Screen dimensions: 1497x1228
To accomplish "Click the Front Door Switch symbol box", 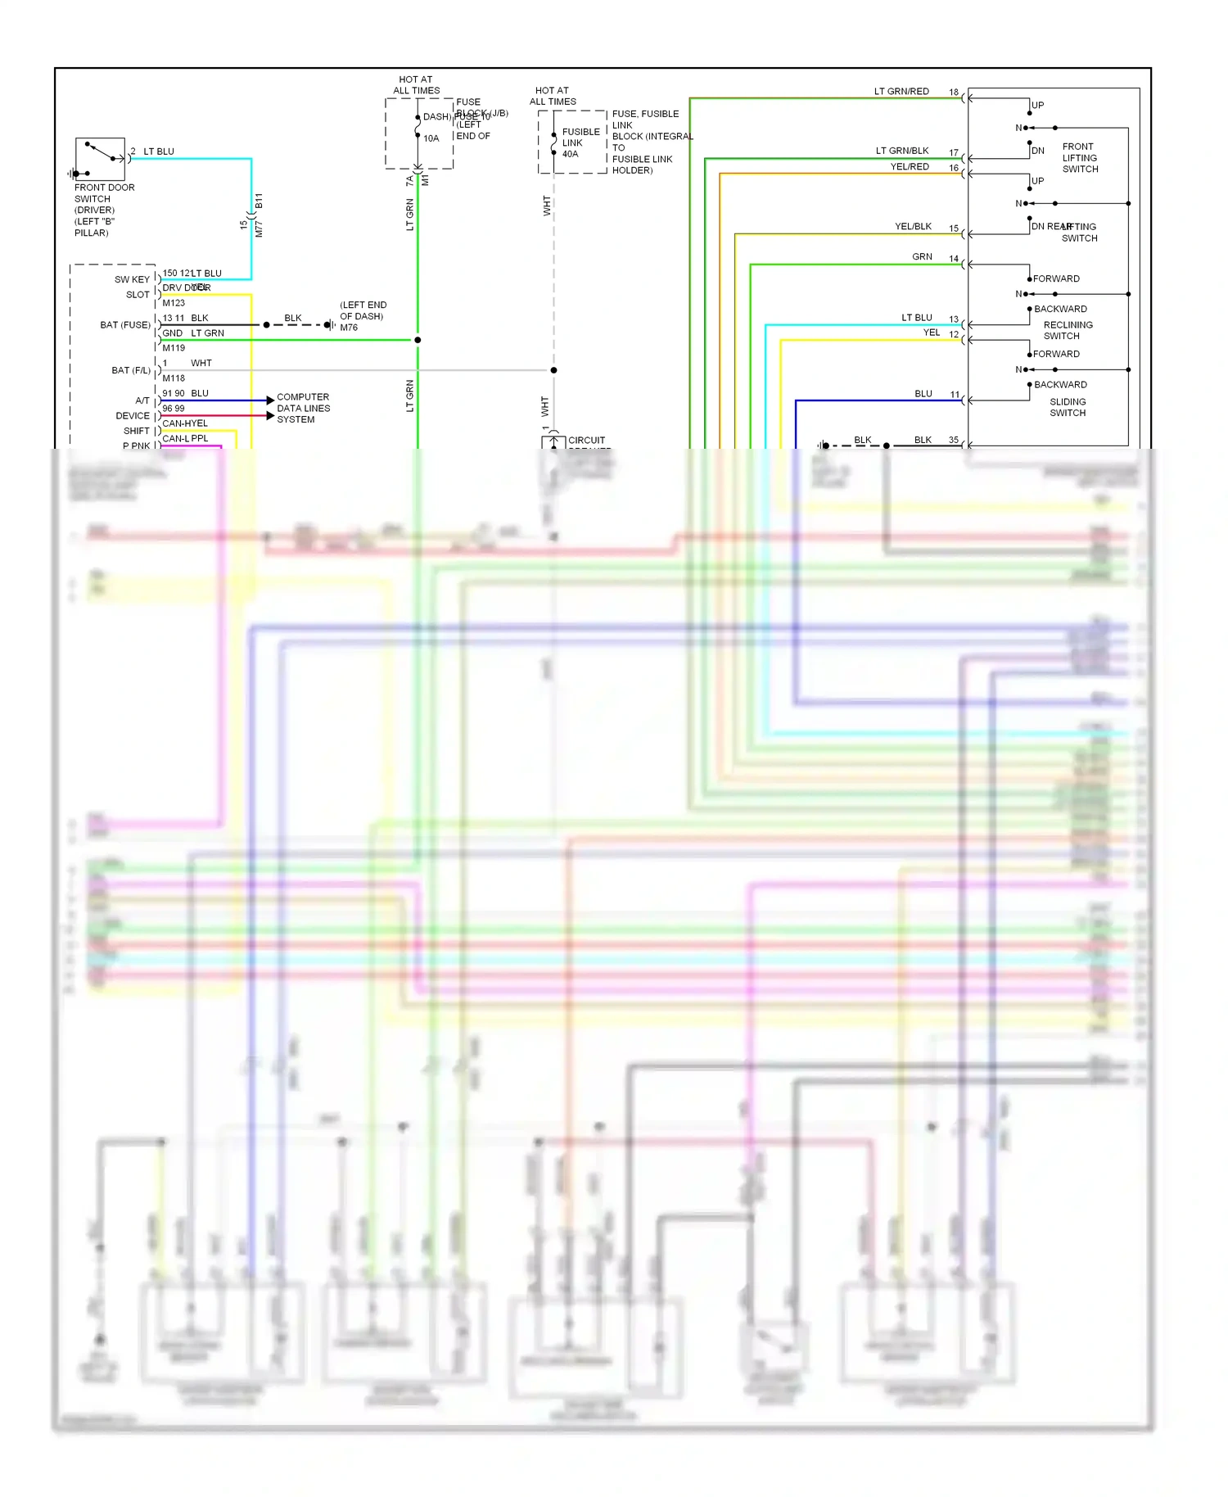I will point(100,159).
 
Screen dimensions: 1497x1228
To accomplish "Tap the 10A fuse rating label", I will point(431,138).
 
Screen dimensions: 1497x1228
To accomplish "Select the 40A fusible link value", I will point(570,154).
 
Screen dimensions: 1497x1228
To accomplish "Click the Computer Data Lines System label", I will point(303,408).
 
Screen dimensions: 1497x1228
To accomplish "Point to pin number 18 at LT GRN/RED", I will point(954,92).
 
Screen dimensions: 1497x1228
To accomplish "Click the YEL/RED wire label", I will point(910,166).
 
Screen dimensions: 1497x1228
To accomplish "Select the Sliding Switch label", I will point(1068,407).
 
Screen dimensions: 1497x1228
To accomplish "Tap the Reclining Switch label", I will point(1067,330).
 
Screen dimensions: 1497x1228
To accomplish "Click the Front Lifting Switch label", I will point(1080,158).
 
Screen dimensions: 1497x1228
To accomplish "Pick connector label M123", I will point(174,303).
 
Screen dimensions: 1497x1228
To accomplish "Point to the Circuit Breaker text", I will point(587,441).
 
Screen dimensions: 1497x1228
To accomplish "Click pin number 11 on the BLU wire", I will point(955,394).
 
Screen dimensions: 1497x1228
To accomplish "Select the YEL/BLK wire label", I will point(913,227).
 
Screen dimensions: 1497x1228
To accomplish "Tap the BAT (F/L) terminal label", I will point(131,370).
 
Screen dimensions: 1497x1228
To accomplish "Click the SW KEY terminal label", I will point(132,279).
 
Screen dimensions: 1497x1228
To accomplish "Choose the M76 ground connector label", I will point(349,328).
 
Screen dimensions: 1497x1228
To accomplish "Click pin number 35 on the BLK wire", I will point(954,440).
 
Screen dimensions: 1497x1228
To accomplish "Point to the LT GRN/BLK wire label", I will point(902,151).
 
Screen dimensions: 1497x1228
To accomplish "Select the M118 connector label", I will point(174,378).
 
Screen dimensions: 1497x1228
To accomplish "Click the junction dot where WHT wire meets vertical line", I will point(553,370).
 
